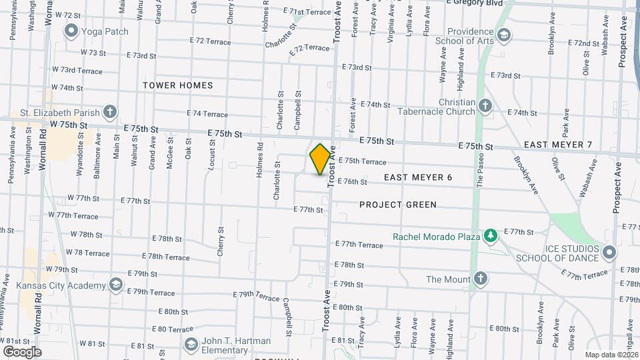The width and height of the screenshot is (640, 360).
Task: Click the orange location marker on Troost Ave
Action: coord(320,159)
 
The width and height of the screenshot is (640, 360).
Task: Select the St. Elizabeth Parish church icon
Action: coord(111,112)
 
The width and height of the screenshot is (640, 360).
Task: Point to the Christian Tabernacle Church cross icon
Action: coord(486,106)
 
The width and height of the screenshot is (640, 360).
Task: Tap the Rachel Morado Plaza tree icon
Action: coord(491,235)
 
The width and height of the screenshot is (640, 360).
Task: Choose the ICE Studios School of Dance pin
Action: coord(609,253)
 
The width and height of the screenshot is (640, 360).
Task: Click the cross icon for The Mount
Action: coord(479,279)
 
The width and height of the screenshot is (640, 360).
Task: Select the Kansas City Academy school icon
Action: coord(117,285)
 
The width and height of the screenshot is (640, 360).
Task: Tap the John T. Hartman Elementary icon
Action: coord(191,345)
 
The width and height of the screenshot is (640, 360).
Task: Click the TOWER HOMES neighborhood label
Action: coord(178,85)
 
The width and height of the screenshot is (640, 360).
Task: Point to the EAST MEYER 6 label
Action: coord(419,177)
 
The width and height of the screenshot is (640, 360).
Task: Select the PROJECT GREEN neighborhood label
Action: coord(398,205)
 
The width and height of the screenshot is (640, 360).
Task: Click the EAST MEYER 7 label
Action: coord(558,145)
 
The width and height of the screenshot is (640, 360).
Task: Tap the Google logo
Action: coord(22,351)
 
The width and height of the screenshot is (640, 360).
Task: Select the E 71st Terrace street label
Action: coord(307,11)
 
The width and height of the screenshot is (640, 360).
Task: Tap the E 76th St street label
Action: coord(353,181)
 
